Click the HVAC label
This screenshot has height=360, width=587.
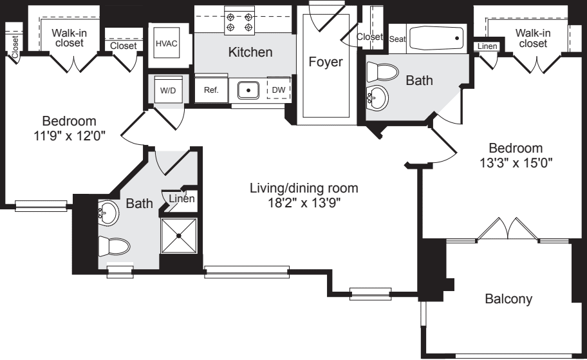point(167,44)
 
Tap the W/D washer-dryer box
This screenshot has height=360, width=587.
point(167,91)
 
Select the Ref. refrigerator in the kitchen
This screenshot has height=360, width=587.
point(211,91)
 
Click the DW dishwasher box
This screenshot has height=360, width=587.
point(279,90)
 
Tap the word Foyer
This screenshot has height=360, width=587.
point(325,62)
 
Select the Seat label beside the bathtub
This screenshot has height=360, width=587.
point(397,39)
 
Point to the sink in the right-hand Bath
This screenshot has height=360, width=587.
point(378,98)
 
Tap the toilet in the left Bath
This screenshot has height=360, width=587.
point(114,247)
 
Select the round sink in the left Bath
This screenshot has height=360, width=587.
point(109,213)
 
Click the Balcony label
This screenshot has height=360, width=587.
point(508,299)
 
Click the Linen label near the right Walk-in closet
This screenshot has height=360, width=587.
point(487,46)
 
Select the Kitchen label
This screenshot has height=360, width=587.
point(251,52)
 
